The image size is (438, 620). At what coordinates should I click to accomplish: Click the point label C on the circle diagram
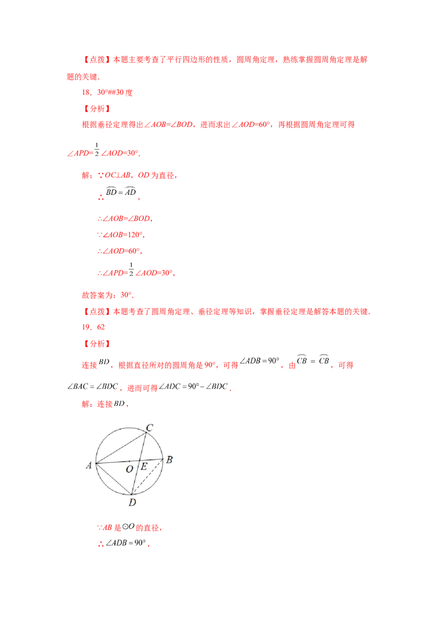(149, 427)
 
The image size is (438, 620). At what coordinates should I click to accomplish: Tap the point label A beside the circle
(89, 466)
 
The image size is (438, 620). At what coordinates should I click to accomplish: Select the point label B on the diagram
(169, 460)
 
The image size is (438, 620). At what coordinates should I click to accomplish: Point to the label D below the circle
(132, 502)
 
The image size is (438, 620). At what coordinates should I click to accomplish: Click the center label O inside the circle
(129, 469)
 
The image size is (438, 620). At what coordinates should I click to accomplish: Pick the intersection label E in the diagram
(144, 466)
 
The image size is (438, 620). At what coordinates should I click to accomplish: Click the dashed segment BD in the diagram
(147, 477)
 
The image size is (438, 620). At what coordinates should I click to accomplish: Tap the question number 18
(86, 93)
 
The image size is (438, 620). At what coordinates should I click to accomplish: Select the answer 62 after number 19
(101, 327)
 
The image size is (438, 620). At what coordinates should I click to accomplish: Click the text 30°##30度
(115, 93)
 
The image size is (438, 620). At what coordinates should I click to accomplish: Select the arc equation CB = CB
(313, 360)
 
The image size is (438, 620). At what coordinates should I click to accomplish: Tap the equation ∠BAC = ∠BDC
(93, 386)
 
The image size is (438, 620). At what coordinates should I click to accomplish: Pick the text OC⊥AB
(117, 175)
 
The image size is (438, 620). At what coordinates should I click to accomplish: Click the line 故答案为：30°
(107, 295)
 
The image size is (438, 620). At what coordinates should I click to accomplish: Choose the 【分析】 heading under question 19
(97, 343)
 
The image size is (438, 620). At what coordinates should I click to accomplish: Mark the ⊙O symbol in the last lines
(128, 526)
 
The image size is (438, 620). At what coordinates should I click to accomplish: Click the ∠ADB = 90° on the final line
(125, 543)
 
